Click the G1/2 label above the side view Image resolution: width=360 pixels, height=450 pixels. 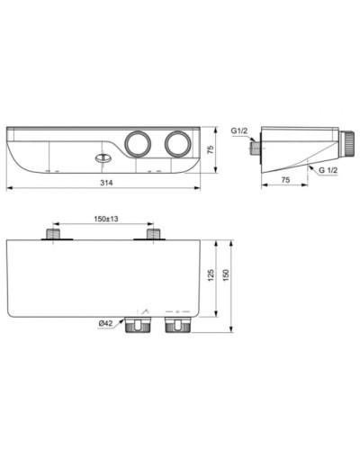(x=240, y=131)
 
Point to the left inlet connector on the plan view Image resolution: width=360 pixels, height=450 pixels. (x=55, y=235)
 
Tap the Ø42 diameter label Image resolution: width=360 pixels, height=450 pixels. (x=104, y=325)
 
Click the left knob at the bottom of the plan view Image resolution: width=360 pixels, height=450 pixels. (x=139, y=321)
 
